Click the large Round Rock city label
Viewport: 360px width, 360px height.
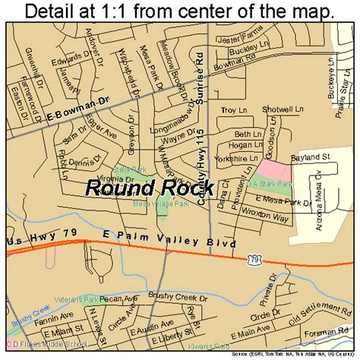click(150, 187)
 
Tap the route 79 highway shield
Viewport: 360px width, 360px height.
click(253, 259)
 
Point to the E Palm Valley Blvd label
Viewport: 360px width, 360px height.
click(177, 245)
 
